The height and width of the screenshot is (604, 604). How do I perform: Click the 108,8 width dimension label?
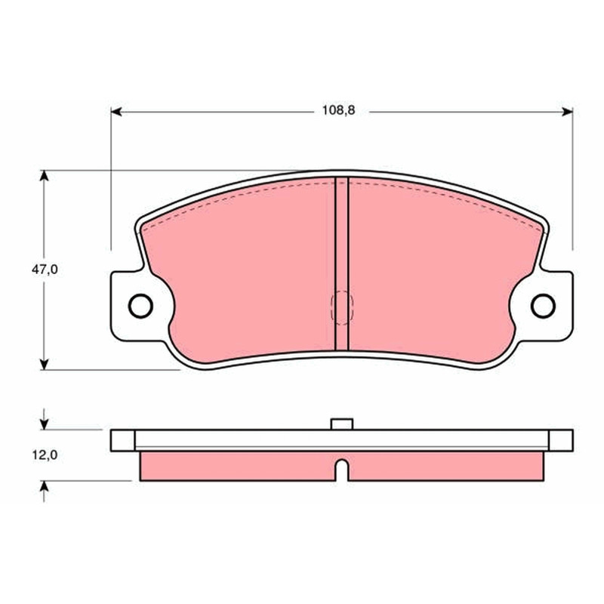click(338, 110)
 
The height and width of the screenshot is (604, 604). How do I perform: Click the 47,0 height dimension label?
click(45, 270)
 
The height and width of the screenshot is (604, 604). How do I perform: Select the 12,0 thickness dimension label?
click(45, 455)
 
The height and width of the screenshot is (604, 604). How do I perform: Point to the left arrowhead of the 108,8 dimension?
click(116, 112)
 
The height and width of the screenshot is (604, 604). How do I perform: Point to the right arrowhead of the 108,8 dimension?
click(567, 112)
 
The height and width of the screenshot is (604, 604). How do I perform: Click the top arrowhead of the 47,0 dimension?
click(45, 175)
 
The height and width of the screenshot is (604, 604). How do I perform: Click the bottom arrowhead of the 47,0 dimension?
click(45, 364)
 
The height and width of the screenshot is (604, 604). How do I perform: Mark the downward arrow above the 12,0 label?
click(45, 419)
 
